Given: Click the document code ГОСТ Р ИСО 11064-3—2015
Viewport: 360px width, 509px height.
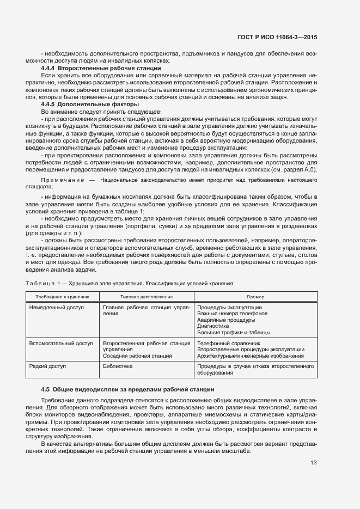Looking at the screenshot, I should click(x=278, y=37).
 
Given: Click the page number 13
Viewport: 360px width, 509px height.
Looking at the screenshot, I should click(x=314, y=463).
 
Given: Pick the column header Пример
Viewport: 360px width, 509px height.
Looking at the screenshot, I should click(x=255, y=296).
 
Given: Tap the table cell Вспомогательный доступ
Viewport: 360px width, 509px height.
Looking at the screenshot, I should click(x=60, y=344).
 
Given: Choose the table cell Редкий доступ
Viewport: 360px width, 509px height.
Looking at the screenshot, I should click(x=47, y=367).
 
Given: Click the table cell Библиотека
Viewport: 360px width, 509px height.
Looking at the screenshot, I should click(x=118, y=367).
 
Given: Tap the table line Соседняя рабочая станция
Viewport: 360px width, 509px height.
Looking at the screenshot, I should click(x=133, y=355).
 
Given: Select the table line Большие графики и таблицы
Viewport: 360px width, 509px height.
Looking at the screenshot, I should click(x=234, y=332).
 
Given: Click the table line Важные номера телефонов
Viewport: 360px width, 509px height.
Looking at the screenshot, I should click(x=232, y=314).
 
